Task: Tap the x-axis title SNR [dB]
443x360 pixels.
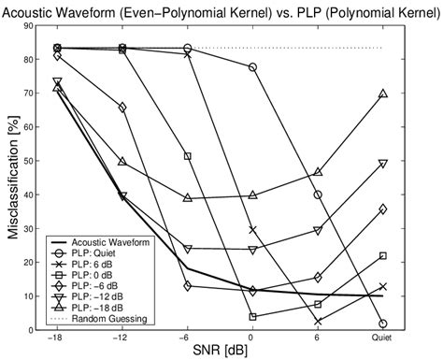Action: pos(221,352)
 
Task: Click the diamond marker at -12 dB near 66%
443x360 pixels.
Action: pos(122,107)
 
